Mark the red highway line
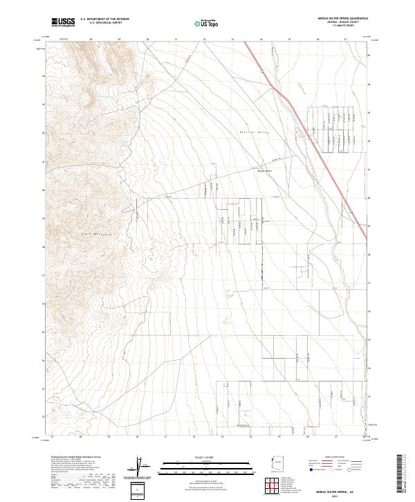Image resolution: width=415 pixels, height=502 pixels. point(311,138)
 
